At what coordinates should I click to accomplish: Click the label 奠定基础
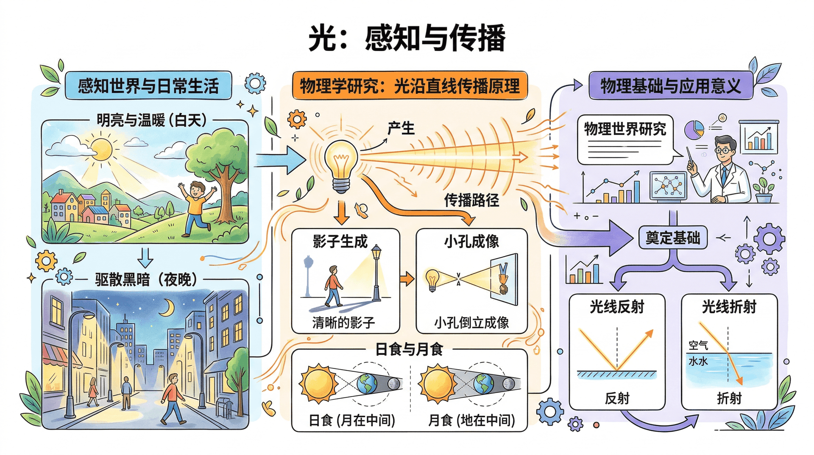click(673, 238)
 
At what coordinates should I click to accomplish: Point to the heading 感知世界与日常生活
click(148, 86)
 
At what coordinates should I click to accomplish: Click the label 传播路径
click(471, 200)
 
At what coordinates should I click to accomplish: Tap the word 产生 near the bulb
click(401, 128)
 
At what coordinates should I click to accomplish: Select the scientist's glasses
click(724, 150)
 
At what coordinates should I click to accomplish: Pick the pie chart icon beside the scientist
click(694, 129)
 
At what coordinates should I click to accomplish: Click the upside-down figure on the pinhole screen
click(504, 278)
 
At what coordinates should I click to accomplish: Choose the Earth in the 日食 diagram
click(366, 384)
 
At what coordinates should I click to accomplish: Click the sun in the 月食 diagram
click(437, 385)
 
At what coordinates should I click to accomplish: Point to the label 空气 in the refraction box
click(698, 345)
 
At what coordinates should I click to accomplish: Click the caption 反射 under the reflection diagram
click(617, 398)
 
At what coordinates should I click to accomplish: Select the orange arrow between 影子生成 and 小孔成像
click(407, 279)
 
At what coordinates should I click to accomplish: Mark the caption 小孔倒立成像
click(471, 323)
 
